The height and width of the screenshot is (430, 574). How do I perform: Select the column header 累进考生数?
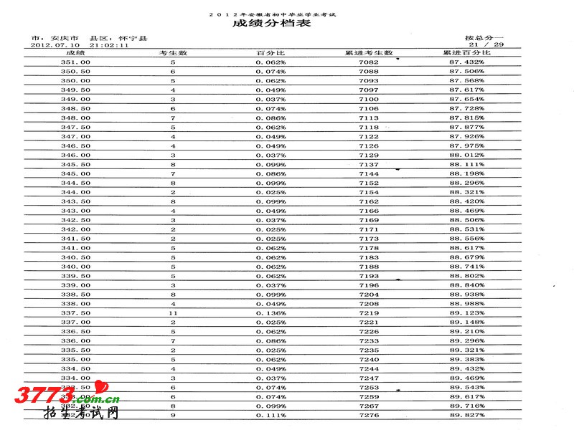click(x=369, y=53)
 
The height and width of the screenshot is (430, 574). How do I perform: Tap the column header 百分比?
click(x=270, y=53)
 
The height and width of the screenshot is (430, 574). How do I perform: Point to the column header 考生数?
click(x=173, y=53)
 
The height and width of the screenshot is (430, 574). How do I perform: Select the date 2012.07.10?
click(x=54, y=44)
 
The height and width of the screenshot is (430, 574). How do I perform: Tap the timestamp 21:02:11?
click(x=108, y=44)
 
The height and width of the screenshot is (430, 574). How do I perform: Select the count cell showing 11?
click(x=173, y=313)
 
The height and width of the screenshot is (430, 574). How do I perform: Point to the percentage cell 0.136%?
click(x=270, y=313)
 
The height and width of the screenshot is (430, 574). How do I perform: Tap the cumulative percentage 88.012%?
click(x=467, y=155)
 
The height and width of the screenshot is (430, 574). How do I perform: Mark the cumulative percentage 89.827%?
click(x=467, y=415)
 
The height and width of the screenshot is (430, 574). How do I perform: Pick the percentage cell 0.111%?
click(x=270, y=415)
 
